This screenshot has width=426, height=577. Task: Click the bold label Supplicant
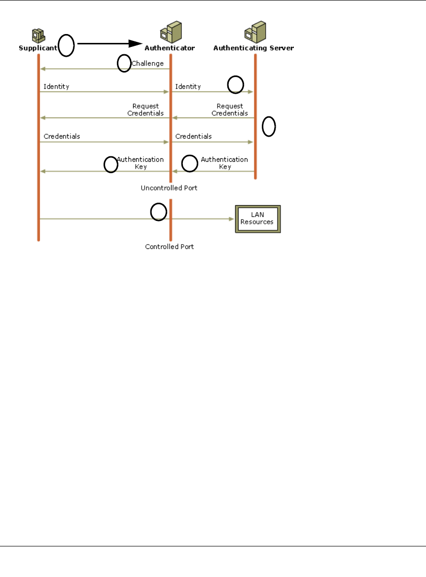[x=37, y=48]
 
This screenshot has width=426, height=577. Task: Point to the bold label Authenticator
[x=170, y=48]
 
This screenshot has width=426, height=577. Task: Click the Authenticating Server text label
[x=253, y=48]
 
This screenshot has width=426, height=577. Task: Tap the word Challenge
[x=147, y=63]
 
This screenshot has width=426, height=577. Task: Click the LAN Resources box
[x=257, y=218]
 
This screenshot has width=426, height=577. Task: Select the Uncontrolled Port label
[x=169, y=188]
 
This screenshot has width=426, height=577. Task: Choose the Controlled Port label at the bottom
[x=169, y=247]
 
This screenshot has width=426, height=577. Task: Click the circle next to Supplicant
[x=67, y=45]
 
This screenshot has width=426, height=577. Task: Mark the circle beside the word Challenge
[x=124, y=63]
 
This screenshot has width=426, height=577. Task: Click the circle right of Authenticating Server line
[x=269, y=127]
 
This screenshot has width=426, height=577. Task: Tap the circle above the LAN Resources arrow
[x=158, y=212]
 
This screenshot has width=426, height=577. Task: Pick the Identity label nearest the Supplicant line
[x=56, y=86]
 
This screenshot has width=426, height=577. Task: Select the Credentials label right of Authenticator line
[x=193, y=136]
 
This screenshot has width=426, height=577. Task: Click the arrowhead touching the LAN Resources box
[x=231, y=218]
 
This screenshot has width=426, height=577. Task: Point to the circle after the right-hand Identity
[x=235, y=85]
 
